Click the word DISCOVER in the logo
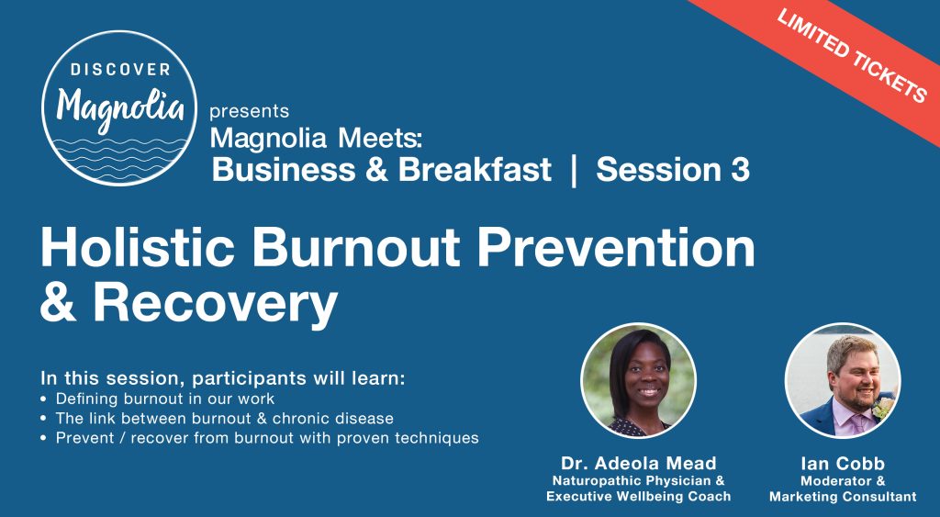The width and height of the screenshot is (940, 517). (x=120, y=70)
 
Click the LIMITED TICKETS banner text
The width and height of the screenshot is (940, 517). (x=851, y=56)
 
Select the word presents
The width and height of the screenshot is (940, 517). (x=249, y=112)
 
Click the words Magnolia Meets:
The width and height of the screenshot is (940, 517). (x=317, y=139)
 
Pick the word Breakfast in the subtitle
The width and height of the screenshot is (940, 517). (x=475, y=170)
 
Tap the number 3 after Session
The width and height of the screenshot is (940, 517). (x=740, y=170)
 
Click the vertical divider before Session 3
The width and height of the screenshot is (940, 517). (x=574, y=170)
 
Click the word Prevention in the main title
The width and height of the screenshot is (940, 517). (x=615, y=247)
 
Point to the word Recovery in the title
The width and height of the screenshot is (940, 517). (x=215, y=305)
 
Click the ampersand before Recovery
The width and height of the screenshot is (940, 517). (x=58, y=303)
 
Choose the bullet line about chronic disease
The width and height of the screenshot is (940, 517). (x=217, y=418)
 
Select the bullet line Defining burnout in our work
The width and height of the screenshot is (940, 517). (x=158, y=399)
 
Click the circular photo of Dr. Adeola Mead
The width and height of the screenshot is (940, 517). (x=639, y=380)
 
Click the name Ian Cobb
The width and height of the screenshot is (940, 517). (x=843, y=464)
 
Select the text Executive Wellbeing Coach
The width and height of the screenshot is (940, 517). (x=639, y=497)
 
